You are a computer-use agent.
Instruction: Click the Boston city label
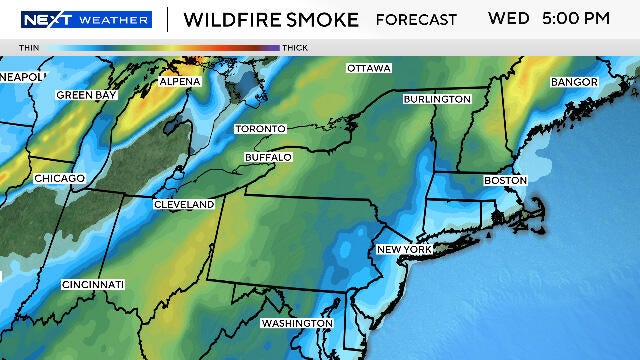(x=504, y=180)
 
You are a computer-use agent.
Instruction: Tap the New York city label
(x=404, y=249)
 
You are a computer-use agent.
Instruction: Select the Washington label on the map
(x=296, y=323)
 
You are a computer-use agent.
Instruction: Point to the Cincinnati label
(x=93, y=285)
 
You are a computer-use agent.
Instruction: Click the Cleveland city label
(x=184, y=204)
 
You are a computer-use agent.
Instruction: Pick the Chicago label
(x=59, y=178)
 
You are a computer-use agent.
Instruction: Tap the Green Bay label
(x=87, y=95)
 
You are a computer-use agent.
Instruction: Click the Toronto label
(x=260, y=129)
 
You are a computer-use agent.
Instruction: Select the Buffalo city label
(x=268, y=157)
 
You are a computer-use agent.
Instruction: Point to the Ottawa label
(x=369, y=68)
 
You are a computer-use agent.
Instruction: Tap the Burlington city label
(x=437, y=99)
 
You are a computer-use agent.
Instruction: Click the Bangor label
(x=574, y=81)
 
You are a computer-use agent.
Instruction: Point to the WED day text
(x=507, y=18)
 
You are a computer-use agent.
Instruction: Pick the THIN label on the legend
(x=29, y=47)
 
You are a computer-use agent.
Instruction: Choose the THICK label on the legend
(x=295, y=47)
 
